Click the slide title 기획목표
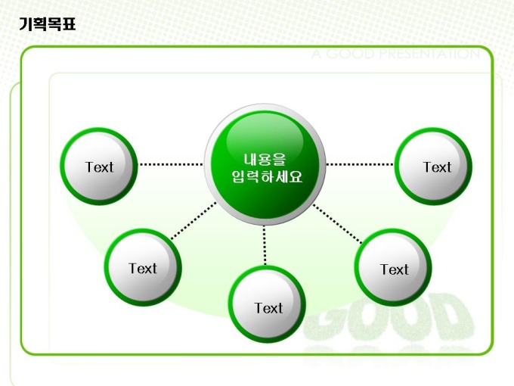click(x=47, y=26)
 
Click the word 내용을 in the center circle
click(x=265, y=159)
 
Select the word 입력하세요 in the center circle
click(x=266, y=177)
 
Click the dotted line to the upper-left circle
click(x=171, y=163)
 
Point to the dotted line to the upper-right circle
click(x=360, y=163)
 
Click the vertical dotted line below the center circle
click(x=265, y=244)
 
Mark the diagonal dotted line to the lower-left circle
click(x=194, y=223)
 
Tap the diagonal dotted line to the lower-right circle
click(x=338, y=223)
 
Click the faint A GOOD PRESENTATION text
click(x=395, y=54)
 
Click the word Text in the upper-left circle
click(x=99, y=167)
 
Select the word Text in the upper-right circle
click(x=437, y=167)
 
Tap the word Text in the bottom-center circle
click(x=268, y=308)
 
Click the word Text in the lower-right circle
click(x=394, y=269)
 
